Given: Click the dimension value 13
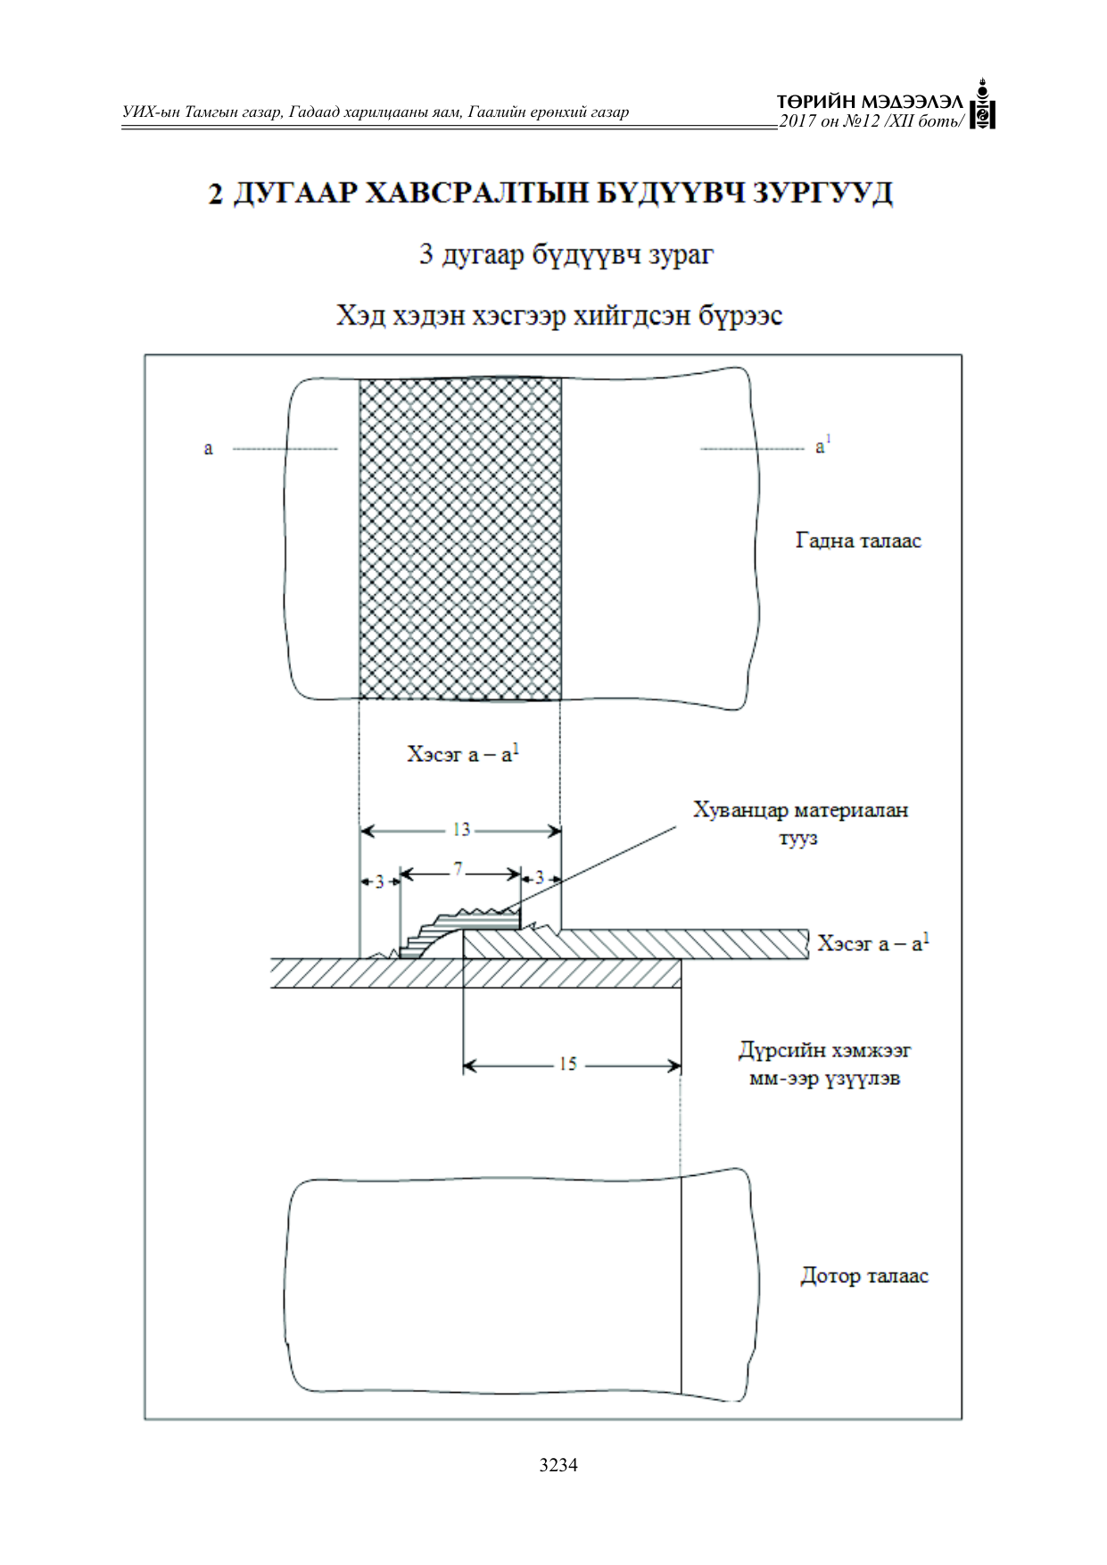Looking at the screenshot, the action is tap(461, 830).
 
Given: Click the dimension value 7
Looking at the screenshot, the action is tap(458, 869).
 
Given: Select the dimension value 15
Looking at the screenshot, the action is tap(568, 1064).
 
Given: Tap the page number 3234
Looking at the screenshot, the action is tap(558, 1464).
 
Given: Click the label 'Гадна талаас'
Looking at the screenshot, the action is tap(858, 540).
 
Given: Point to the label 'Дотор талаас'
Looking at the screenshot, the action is tap(864, 1276).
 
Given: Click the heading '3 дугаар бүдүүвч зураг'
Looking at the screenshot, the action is tap(566, 255).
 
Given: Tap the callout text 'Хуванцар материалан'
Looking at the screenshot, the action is tap(801, 810).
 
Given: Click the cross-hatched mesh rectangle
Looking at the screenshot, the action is tap(460, 539).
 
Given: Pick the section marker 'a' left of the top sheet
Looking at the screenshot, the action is tap(209, 448).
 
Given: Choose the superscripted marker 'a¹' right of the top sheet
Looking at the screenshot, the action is tap(822, 444).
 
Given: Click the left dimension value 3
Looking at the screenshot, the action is tap(379, 882).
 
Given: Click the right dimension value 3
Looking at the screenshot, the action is tap(539, 878).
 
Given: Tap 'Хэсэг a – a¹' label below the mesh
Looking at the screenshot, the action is tap(463, 754).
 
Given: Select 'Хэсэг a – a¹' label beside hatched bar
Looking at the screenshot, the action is tap(873, 942).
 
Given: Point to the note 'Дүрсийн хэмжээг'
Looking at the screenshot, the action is tap(825, 1050).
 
